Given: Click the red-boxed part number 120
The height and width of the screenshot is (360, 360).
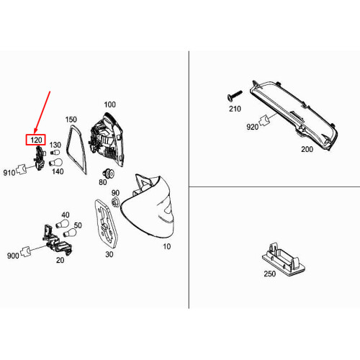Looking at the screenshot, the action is [x=36, y=140].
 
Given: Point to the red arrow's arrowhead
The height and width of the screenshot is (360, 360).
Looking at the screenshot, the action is [x=35, y=131].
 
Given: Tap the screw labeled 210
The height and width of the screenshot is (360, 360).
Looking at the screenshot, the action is [x=235, y=96].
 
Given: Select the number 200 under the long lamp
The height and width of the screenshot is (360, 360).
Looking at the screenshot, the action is [x=307, y=149].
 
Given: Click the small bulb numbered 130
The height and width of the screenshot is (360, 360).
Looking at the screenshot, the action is [x=55, y=153].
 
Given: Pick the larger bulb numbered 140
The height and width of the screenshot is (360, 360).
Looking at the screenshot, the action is [x=55, y=163].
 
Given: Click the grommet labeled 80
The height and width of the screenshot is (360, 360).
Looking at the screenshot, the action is [x=108, y=174].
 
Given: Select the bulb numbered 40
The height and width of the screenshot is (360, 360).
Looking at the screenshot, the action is [x=62, y=223].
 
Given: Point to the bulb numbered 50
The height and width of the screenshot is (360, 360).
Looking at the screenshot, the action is [x=70, y=233].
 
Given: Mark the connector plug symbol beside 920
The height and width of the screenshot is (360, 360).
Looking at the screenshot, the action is [x=264, y=120].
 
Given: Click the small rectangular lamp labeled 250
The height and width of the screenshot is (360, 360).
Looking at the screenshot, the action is [x=284, y=260].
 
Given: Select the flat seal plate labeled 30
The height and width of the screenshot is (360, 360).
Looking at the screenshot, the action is [x=106, y=224].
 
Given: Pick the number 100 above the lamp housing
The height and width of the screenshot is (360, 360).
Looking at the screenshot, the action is [x=109, y=104].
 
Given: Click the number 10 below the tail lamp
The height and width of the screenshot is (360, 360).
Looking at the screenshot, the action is [x=167, y=246].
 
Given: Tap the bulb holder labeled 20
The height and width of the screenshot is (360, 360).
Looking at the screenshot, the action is [x=57, y=240].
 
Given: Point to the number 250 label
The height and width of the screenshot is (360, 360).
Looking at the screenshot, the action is [x=270, y=274].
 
